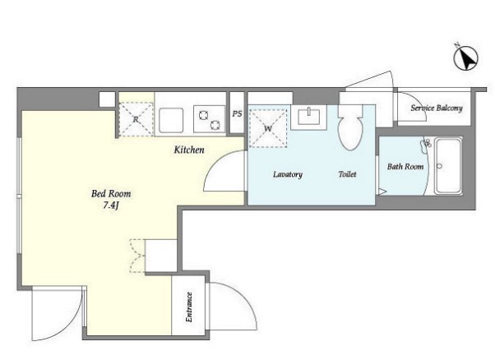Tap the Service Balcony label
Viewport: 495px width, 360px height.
(437, 108)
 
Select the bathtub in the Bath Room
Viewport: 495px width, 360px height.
(448, 166)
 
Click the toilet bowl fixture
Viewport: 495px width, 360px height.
(350, 127)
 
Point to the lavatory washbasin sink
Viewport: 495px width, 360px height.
(308, 117)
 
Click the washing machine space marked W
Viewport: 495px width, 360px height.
(268, 128)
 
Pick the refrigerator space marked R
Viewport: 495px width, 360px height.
(136, 119)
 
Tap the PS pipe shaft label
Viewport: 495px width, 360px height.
(237, 113)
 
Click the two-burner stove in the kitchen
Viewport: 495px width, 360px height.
(210, 119)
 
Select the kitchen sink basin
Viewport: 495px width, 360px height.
(171, 120)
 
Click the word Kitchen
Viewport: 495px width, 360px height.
(189, 150)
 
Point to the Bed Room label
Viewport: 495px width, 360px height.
(111, 193)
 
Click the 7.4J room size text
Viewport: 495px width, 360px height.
(111, 205)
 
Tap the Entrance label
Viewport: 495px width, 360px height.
(189, 307)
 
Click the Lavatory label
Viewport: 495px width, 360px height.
(288, 174)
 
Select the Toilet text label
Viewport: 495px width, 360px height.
(347, 174)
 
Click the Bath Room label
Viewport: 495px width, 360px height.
(405, 166)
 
